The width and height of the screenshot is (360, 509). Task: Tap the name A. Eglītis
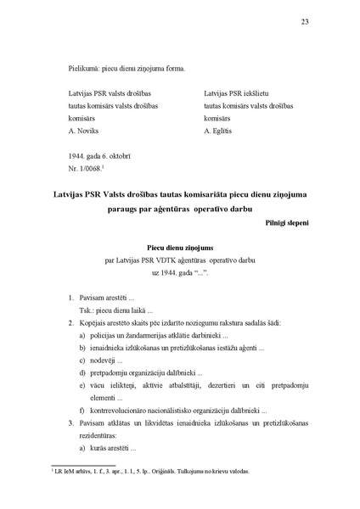(x=222, y=133)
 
